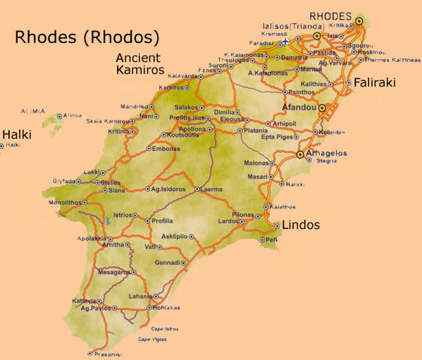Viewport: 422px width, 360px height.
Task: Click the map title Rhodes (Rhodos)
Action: click(87, 37)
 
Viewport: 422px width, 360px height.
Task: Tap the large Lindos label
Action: click(300, 225)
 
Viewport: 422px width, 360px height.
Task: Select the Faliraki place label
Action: click(374, 82)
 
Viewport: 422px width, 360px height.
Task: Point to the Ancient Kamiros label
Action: click(139, 64)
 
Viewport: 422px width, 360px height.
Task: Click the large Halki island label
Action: click(15, 134)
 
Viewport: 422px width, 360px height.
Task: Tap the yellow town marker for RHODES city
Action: click(359, 21)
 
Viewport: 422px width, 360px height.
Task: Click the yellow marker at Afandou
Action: click(322, 108)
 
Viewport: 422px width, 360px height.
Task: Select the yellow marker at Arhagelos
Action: click(300, 154)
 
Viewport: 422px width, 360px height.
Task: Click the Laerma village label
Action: click(212, 189)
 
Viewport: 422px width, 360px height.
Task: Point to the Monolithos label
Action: click(46, 201)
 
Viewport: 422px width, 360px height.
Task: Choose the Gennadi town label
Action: click(167, 262)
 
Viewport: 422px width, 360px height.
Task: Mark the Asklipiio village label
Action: click(175, 236)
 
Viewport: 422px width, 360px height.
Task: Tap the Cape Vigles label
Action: click(153, 340)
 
